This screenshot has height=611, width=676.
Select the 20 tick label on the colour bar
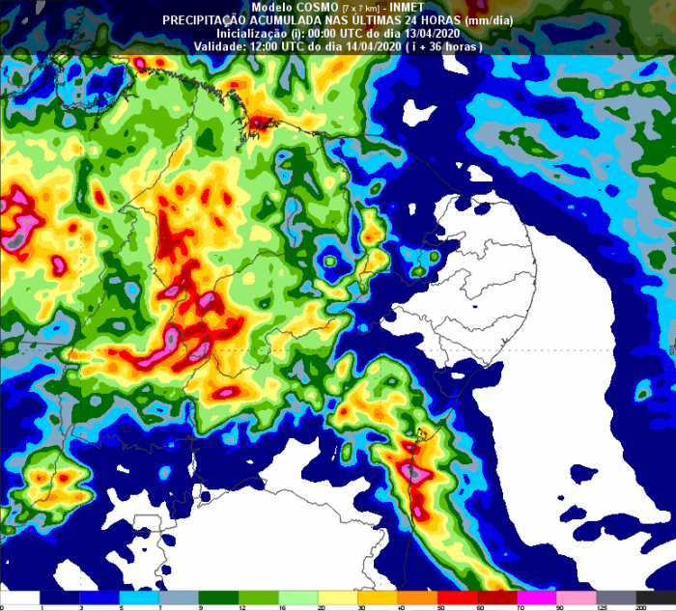(279, 605)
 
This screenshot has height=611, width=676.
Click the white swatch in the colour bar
(19, 597)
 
